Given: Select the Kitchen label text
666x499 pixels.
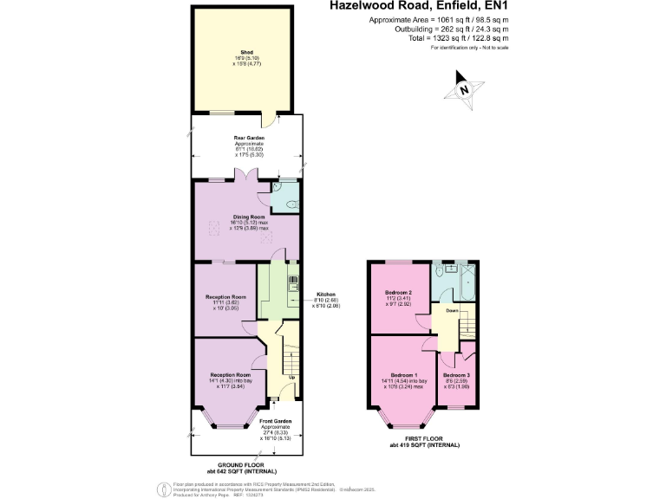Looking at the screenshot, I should pos(325,294).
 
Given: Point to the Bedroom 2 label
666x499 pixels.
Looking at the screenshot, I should pos(398,293).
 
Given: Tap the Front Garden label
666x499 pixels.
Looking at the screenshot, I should pos(276,421).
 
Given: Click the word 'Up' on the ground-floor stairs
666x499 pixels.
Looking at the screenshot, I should pos(291,378).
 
